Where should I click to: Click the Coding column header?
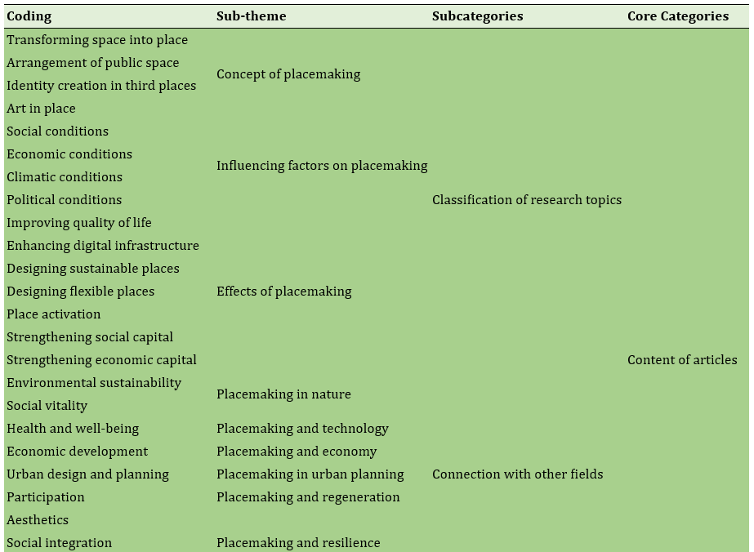coord(29,16)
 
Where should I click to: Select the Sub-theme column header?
coord(251,16)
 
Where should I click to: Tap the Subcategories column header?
coord(478,16)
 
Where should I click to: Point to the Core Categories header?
coord(678,16)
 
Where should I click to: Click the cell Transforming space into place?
coord(97,40)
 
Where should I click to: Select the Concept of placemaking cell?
coord(288,74)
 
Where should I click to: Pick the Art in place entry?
coord(41,109)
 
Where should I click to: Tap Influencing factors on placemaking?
coord(322,166)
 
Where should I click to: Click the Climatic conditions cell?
coord(65,177)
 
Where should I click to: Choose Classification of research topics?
coord(527,200)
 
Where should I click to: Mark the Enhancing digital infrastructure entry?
coord(103,246)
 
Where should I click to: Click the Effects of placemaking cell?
coord(283,292)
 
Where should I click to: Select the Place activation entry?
coord(53,314)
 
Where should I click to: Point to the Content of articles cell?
coord(682,360)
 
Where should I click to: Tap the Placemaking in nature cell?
coord(283,394)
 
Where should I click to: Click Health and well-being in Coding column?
coord(73,429)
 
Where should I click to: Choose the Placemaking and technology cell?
coord(302,429)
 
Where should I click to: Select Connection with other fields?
coord(517,474)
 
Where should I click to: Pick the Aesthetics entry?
coord(38,520)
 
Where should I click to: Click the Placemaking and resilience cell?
coord(298,543)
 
